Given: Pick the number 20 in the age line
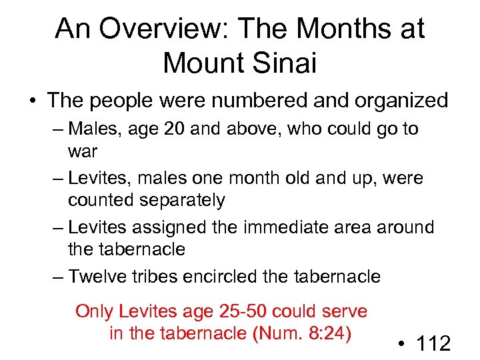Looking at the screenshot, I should (x=175, y=128).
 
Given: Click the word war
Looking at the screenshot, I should (x=83, y=151).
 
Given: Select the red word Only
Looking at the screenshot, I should (x=95, y=311).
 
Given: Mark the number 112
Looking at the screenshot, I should (x=434, y=344).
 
